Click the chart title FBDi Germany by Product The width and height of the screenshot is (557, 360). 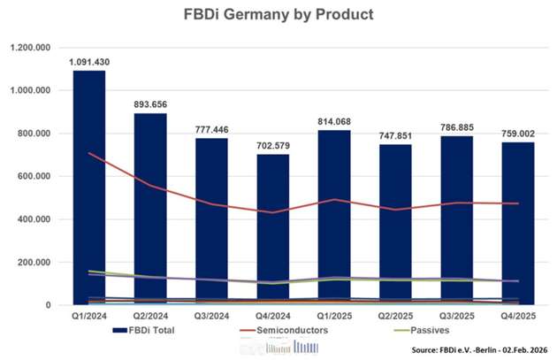point(278,15)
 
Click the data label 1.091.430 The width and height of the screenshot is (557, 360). point(88,62)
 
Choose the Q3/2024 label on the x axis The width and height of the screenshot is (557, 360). point(210,316)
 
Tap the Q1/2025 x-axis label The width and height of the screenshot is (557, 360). point(333,316)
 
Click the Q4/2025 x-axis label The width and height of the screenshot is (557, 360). point(517,316)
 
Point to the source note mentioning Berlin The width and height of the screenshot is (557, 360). point(478,349)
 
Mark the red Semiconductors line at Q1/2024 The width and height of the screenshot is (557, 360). point(88,154)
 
